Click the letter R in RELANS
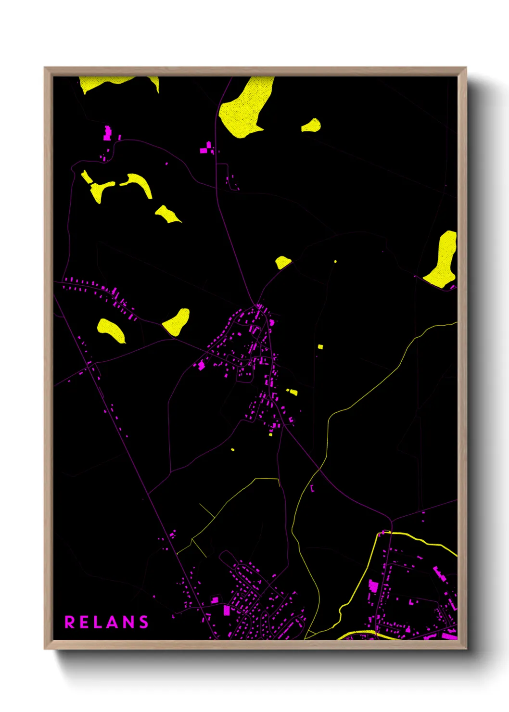pos(70,622)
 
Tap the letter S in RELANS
pos(143,622)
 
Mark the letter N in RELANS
pos(128,622)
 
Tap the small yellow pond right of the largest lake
pos(312,126)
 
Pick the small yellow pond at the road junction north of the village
pos(282,262)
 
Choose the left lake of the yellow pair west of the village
pos(111,330)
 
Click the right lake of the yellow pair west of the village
pos(177,322)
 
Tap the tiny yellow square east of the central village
pos(320,346)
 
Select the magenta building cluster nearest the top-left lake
pos(107,133)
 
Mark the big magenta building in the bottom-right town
pos(373,586)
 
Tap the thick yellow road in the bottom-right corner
pos(423,541)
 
